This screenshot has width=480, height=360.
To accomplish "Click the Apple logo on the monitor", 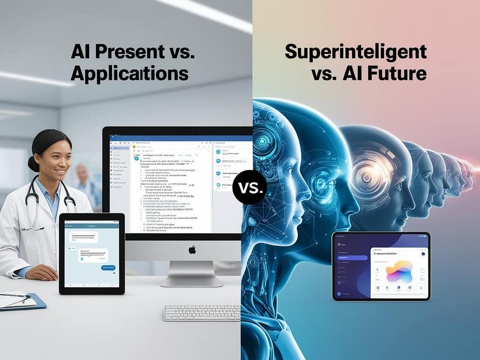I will (x=192, y=250).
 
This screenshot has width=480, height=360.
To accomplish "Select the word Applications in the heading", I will (x=130, y=74).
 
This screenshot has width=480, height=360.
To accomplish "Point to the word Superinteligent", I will (x=356, y=52).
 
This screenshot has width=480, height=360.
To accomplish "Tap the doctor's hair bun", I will (x=33, y=163).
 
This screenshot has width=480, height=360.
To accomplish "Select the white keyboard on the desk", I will (x=202, y=313).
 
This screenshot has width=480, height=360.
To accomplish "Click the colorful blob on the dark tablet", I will (x=399, y=271).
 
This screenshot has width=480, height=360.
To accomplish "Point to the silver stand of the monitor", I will (x=192, y=274).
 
